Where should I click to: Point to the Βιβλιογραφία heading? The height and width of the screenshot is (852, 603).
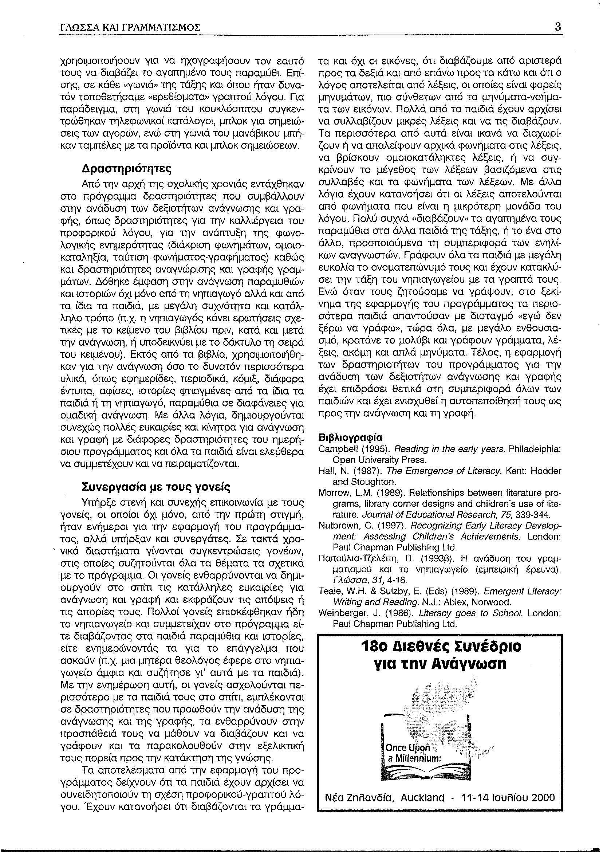click(351, 437)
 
